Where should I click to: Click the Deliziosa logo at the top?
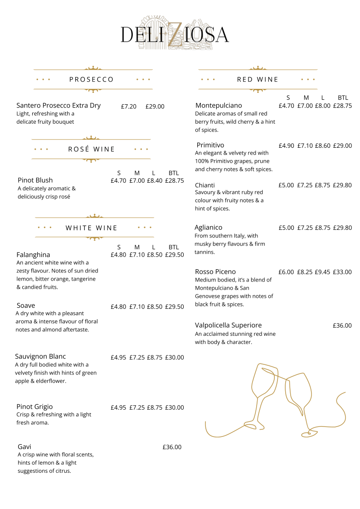coord(175,34)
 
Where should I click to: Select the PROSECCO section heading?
coord(92,79)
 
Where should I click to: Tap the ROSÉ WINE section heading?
coord(92,149)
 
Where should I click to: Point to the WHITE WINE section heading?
coord(92,228)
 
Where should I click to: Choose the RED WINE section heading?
coord(258,79)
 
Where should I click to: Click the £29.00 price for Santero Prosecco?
coord(155,107)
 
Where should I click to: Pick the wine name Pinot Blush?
coord(35,180)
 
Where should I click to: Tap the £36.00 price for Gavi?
coord(172,447)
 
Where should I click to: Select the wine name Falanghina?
coord(33,255)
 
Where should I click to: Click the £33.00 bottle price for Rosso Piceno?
coord(342,272)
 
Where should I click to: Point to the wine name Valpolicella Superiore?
coord(228,325)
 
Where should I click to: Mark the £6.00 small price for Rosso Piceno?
coord(286,272)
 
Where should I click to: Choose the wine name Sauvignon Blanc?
coord(40,356)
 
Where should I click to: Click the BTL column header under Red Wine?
coord(343,97)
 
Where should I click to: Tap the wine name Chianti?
coord(205,185)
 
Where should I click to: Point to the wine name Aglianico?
coord(209,228)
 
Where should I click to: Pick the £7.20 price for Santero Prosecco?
coord(129,107)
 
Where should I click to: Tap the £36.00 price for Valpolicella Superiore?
coord(342,325)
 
